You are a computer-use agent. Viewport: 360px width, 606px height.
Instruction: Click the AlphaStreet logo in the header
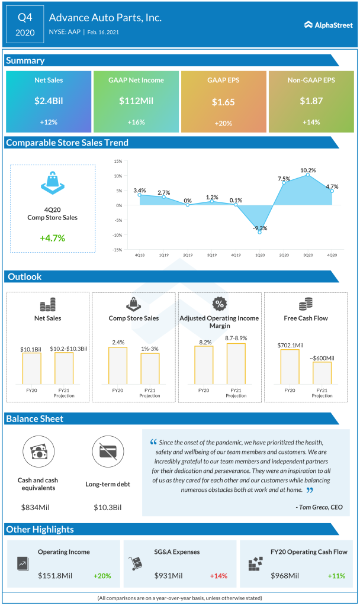click(328, 25)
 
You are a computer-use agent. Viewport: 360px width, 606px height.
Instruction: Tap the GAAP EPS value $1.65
click(223, 102)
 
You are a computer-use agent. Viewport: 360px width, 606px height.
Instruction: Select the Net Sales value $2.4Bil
click(49, 101)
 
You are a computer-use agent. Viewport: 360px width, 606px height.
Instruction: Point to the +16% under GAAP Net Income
click(136, 122)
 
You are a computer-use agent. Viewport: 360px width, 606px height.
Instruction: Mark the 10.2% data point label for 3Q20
click(307, 170)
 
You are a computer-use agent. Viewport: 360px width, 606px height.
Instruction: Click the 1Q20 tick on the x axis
click(260, 256)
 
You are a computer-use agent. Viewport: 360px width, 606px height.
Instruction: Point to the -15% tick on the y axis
click(117, 250)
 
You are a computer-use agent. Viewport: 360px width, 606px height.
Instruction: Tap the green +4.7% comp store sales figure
click(53, 238)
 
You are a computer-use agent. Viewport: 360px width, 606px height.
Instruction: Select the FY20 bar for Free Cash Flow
click(290, 367)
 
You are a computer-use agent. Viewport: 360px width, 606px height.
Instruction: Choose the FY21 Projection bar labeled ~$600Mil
click(322, 373)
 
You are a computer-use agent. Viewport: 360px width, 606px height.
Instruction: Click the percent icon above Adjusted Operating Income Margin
click(219, 304)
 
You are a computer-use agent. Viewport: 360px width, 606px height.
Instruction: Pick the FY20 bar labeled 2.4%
click(117, 366)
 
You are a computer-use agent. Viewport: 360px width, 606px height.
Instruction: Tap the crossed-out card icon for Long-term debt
click(108, 452)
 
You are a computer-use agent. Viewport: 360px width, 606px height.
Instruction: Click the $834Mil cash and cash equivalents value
click(37, 507)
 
